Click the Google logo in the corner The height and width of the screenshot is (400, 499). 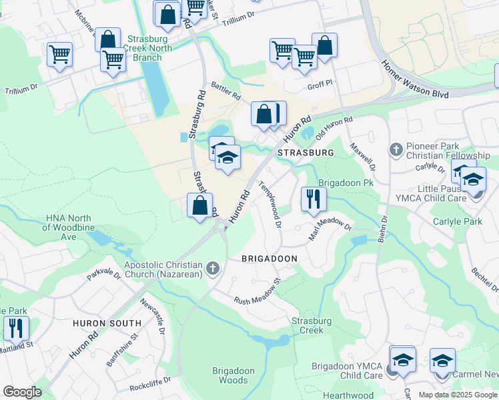click(x=22, y=392)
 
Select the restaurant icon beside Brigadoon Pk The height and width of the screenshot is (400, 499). click(x=312, y=199)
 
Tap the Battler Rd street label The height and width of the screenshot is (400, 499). click(x=225, y=91)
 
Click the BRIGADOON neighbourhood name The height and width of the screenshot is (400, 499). click(x=269, y=258)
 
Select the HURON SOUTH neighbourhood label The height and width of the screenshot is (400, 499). click(x=107, y=323)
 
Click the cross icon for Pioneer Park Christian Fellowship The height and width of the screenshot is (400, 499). click(x=395, y=149)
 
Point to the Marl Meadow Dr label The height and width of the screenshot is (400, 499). click(x=330, y=229)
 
